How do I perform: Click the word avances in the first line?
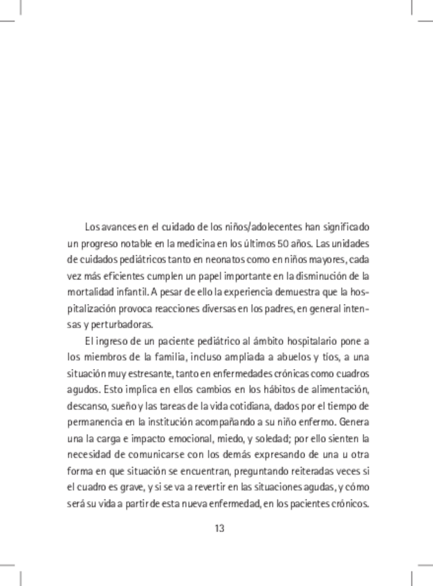click(x=122, y=227)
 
